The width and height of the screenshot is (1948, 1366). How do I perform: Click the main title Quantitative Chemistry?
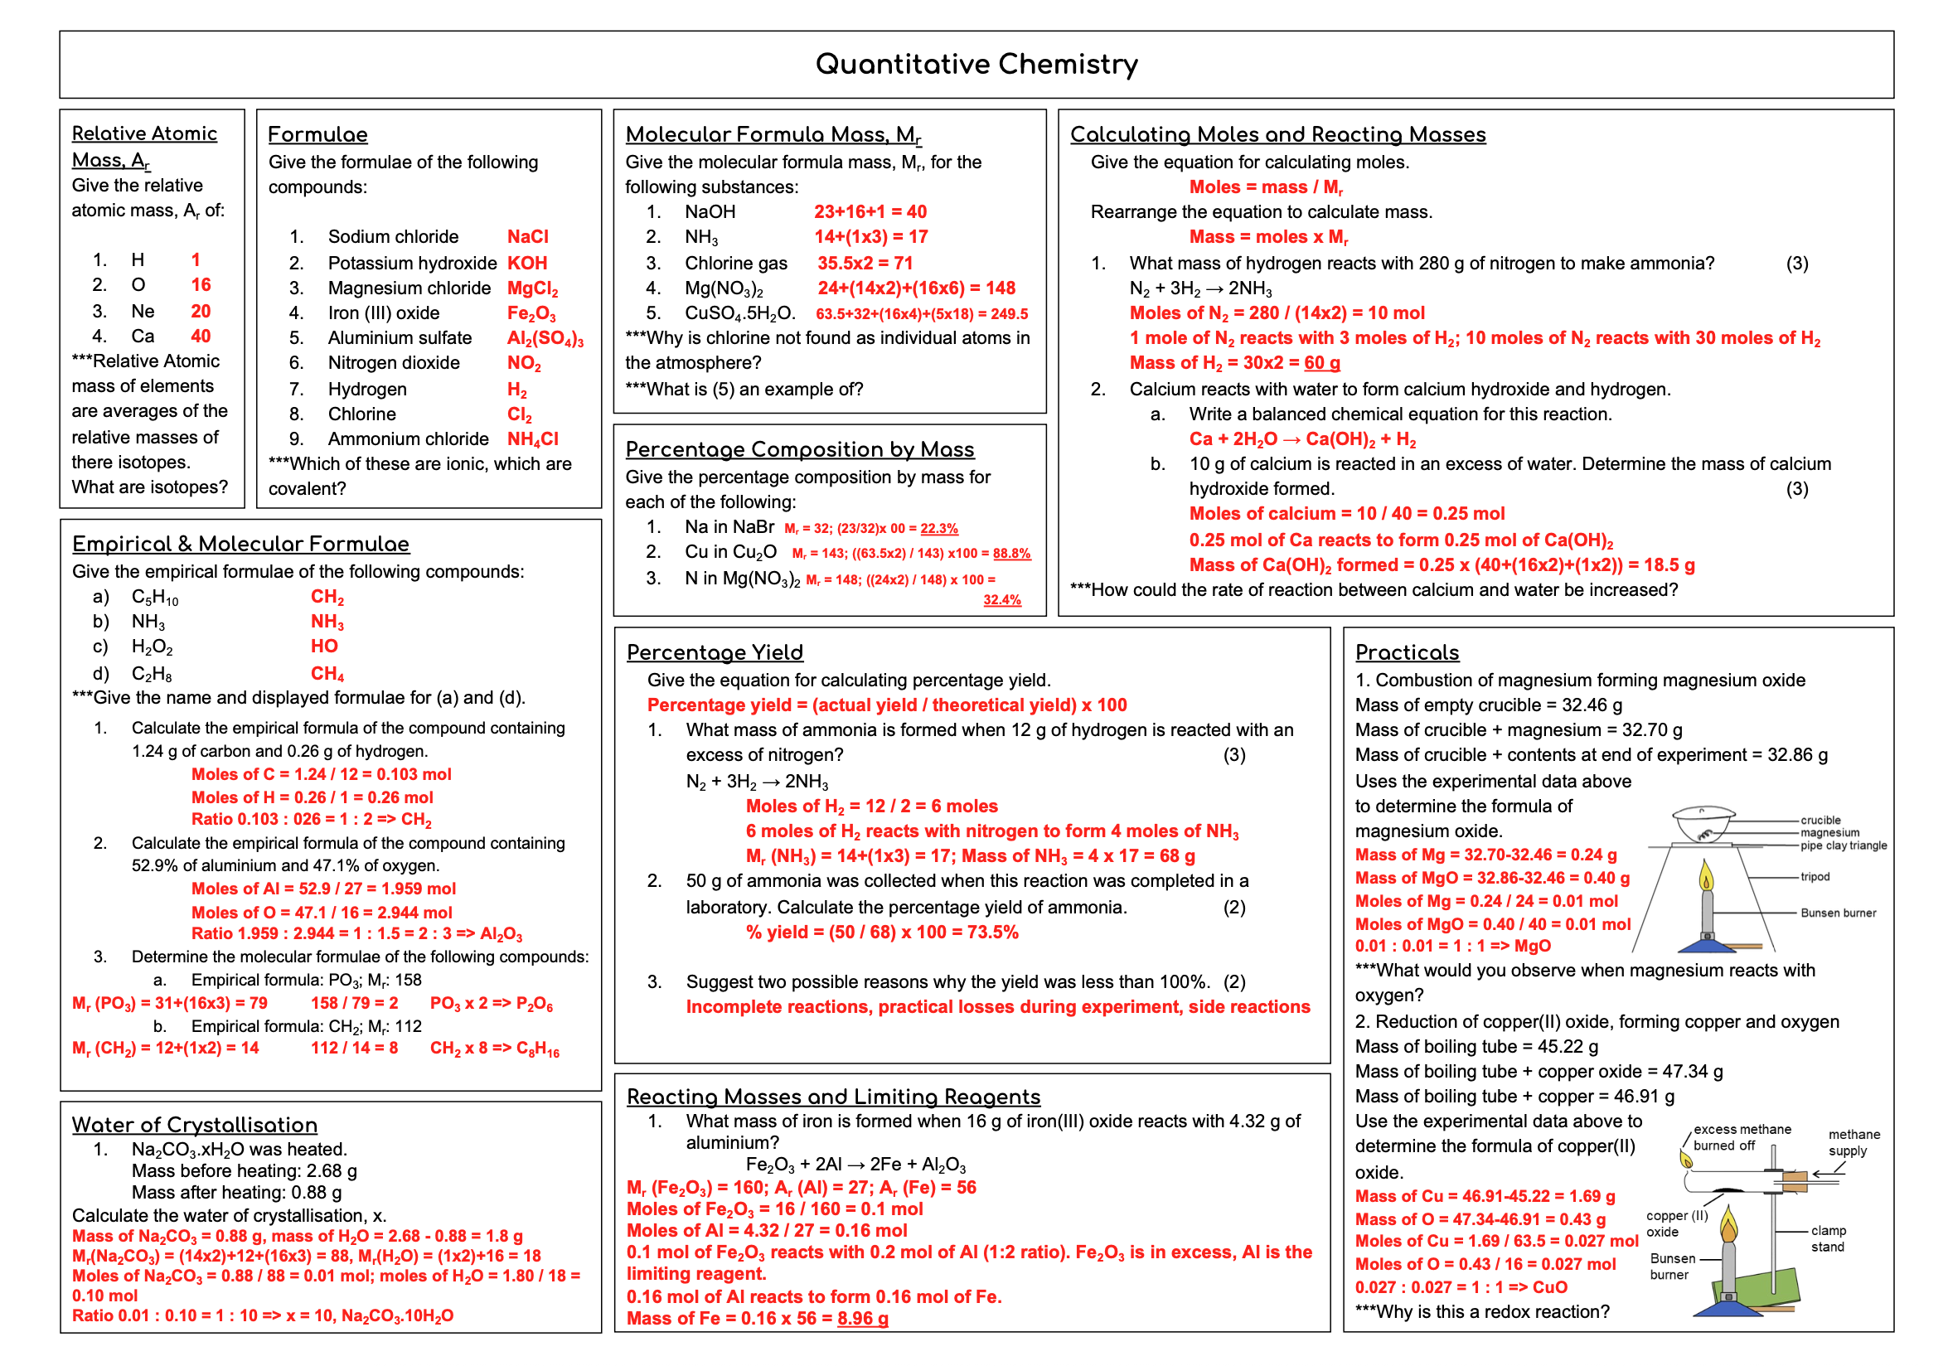tap(976, 65)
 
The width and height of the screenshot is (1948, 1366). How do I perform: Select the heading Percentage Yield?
tap(715, 652)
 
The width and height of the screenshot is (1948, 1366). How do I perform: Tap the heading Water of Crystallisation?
tap(194, 1124)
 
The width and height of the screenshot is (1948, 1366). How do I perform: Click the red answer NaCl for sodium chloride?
tap(528, 237)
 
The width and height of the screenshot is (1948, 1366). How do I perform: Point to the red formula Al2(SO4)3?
tap(545, 338)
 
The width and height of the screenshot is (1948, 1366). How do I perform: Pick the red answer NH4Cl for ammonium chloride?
tap(533, 439)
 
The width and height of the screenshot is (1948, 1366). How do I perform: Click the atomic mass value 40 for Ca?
tap(201, 336)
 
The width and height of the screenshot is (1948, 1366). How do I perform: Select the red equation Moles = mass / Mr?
tap(1266, 187)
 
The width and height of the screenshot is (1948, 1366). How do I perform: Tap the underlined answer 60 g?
tap(1322, 363)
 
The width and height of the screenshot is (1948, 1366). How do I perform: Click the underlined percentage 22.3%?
tap(939, 529)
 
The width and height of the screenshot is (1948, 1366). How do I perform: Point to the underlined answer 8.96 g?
tap(863, 1319)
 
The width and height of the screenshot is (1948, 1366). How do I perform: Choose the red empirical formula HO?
tap(324, 647)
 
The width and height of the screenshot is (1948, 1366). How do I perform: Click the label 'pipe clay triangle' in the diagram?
tap(1844, 845)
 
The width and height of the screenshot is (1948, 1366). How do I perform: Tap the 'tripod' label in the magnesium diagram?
tap(1815, 876)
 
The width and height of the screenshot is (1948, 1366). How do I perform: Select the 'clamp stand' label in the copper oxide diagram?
tap(1829, 1238)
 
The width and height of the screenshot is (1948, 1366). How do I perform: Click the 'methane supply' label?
tap(1854, 1143)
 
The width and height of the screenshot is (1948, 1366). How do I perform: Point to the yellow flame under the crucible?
tap(1706, 875)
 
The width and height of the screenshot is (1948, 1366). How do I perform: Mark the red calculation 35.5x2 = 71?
tap(865, 263)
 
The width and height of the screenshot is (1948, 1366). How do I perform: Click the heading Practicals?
tap(1407, 652)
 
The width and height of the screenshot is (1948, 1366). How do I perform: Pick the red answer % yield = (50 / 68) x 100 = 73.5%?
tap(881, 932)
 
